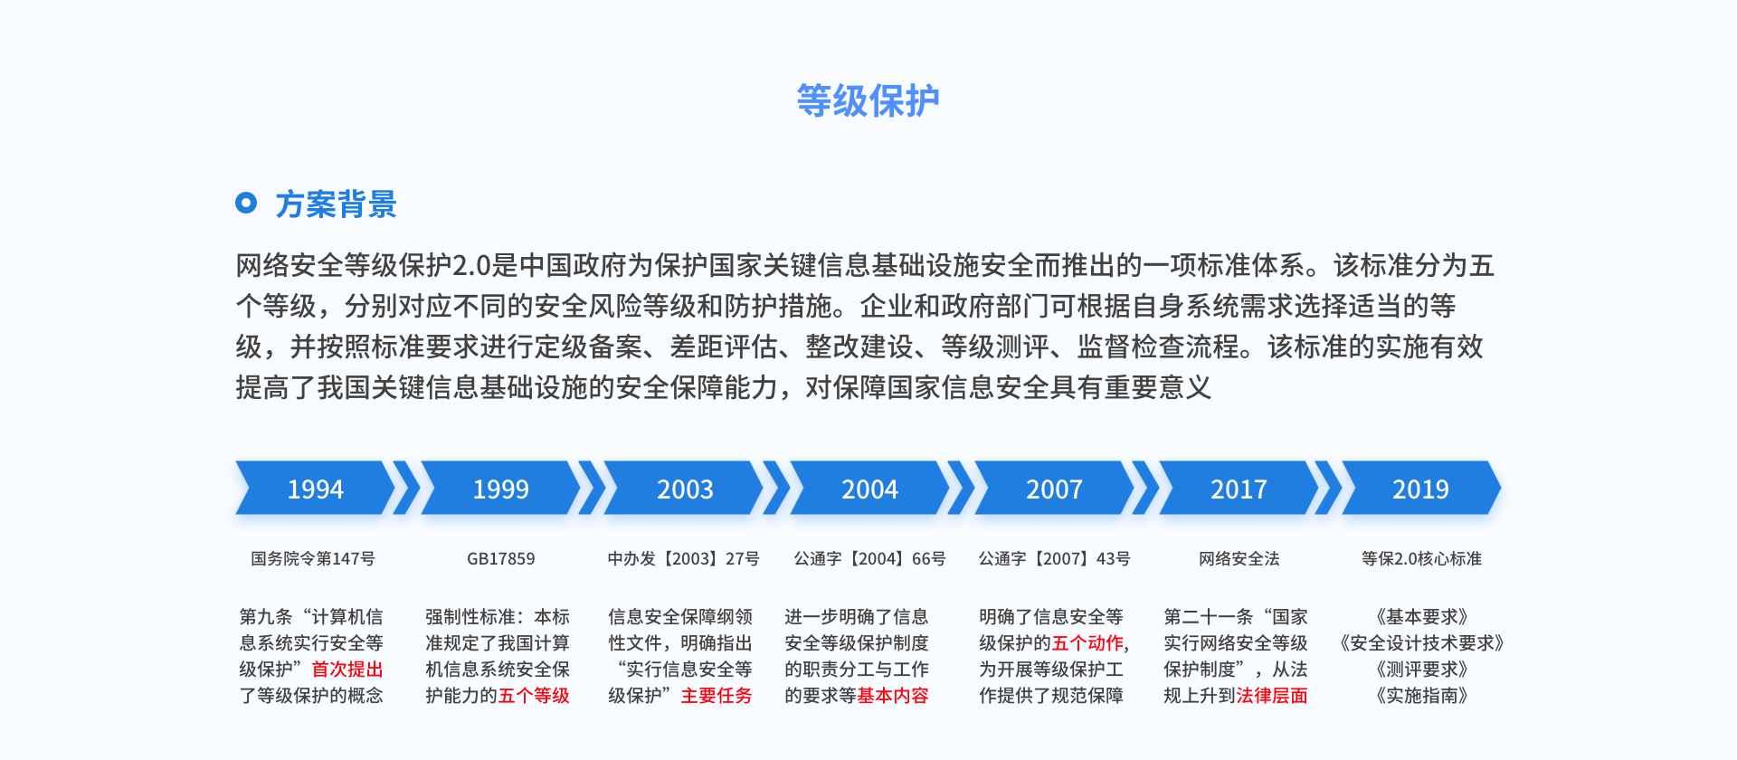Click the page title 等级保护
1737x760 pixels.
(868, 100)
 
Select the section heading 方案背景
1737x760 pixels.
(336, 204)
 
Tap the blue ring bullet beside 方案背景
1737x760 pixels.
(246, 203)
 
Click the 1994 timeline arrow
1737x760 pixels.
(316, 489)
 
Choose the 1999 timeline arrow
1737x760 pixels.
(500, 489)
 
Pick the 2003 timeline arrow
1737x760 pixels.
(685, 489)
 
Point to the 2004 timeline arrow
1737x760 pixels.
(869, 489)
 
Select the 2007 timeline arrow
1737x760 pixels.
(1054, 489)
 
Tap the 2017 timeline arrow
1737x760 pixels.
(1239, 489)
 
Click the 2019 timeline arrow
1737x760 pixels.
(1421, 489)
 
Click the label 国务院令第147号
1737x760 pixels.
(313, 559)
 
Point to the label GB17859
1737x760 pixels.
(501, 559)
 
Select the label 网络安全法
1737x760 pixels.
(1239, 559)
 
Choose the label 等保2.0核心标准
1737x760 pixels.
(1422, 559)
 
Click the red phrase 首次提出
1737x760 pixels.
(347, 670)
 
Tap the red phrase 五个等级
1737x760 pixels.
(534, 696)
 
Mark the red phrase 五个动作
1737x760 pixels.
(1087, 643)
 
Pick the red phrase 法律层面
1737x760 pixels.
(1272, 696)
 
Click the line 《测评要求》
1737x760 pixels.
(1422, 670)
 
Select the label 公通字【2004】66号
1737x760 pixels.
(870, 559)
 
